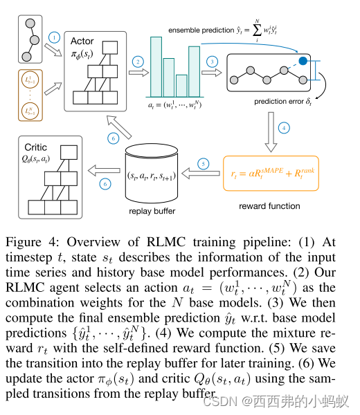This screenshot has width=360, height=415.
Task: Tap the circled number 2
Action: [139, 62]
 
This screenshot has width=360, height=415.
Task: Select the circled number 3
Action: [211, 62]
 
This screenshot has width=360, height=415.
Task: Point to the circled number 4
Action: [282, 127]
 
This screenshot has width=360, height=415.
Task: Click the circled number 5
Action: [203, 164]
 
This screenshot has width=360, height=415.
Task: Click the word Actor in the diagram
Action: [83, 41]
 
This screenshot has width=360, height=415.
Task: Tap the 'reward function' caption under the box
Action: [269, 205]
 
